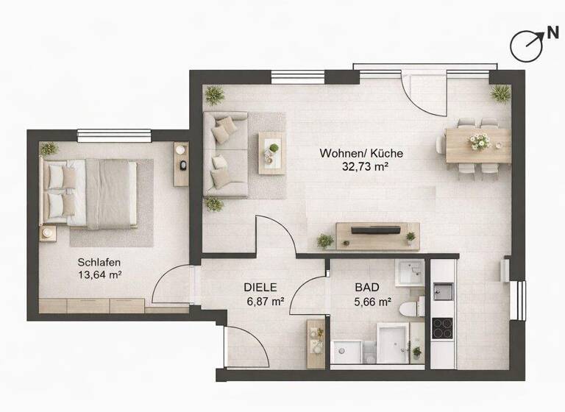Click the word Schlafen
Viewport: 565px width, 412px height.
click(x=99, y=262)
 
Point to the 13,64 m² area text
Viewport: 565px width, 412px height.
click(x=99, y=275)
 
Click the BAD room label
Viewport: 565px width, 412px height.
click(x=366, y=288)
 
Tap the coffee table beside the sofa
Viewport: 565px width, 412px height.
click(x=270, y=152)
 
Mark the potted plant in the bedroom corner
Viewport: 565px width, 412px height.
click(x=49, y=148)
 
